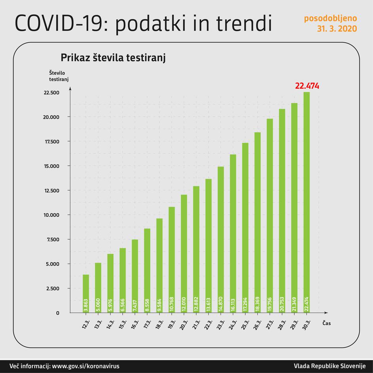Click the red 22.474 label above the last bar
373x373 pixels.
[x=307, y=86]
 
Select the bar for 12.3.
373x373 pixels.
[x=86, y=293]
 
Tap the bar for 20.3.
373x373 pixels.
[x=184, y=253]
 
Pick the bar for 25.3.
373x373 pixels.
[x=245, y=227]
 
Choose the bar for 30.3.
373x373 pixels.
[x=307, y=202]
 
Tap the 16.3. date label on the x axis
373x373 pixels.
[x=135, y=324]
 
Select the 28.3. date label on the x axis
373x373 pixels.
[x=282, y=324]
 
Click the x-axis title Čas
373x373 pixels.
[x=326, y=323]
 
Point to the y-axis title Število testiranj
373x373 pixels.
[x=59, y=76]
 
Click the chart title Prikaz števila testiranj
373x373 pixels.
[x=113, y=58]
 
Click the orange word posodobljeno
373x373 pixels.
[x=330, y=18]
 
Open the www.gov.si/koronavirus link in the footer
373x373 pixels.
[x=85, y=366]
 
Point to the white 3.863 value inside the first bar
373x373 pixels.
[x=86, y=307]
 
